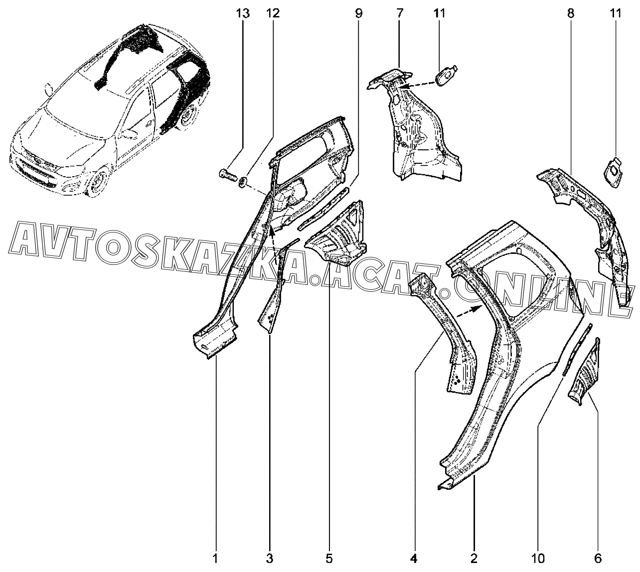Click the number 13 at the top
pyautogui.click(x=243, y=13)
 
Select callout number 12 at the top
pyautogui.click(x=273, y=13)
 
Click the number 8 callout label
pyautogui.click(x=571, y=13)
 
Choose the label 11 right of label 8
pyautogui.click(x=616, y=13)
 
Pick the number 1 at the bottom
pyautogui.click(x=215, y=559)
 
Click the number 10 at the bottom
pyautogui.click(x=538, y=559)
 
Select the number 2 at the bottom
pyautogui.click(x=474, y=559)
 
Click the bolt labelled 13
pyautogui.click(x=227, y=174)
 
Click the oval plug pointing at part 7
pyautogui.click(x=447, y=75)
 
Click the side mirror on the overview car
pyautogui.click(x=48, y=89)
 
